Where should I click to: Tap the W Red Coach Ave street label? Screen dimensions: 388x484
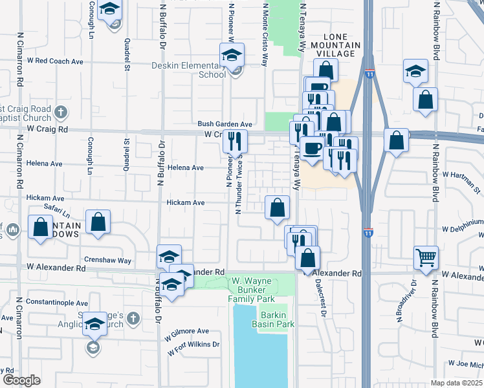pos(55,61)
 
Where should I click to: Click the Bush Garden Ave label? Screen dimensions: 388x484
pos(225,124)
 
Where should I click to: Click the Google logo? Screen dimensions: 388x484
pos(21,380)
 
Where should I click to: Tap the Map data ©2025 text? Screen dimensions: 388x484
pos(456,383)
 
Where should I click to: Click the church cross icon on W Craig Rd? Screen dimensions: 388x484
pos(61,112)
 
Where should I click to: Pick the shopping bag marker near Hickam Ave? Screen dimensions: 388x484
pos(277,208)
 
